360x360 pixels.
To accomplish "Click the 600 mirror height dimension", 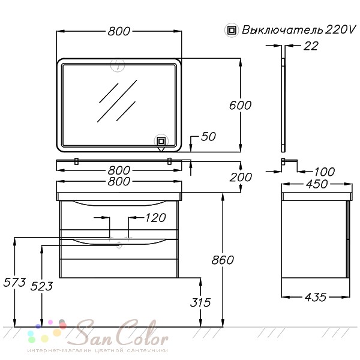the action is point(240,106).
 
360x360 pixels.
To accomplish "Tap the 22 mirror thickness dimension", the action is point(311,46).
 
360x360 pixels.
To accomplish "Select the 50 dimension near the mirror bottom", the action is point(208,137).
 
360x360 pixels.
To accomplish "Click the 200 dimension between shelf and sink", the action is point(241,177).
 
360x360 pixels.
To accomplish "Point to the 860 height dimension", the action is point(223,260).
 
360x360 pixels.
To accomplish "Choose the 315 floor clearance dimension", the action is point(200,302).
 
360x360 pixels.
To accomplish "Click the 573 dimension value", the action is point(14,283).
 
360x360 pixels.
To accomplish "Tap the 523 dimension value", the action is point(41,286).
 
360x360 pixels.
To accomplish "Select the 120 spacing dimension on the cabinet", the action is point(155,218).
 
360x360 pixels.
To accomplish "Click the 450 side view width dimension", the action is point(317,184).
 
